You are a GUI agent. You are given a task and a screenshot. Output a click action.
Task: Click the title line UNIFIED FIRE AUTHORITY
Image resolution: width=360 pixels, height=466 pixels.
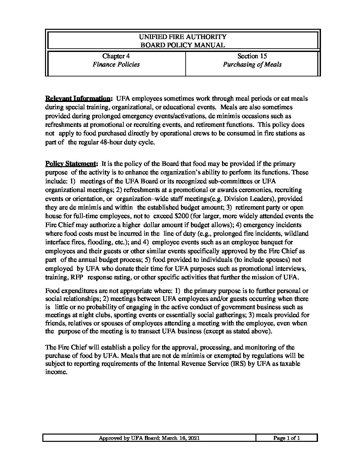pos(183,37)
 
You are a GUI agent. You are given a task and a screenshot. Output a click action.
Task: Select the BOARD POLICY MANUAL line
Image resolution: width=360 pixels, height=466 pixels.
pos(183,45)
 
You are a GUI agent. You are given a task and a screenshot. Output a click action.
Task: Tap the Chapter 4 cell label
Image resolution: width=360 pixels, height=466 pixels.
pos(113,56)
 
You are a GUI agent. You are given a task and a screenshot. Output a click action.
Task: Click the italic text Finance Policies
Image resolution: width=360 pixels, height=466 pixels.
pos(116,65)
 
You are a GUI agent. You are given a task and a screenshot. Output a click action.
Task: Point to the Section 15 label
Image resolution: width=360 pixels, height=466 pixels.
pos(252,56)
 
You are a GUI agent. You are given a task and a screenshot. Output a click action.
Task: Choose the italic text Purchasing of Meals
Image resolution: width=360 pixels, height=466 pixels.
pos(252,65)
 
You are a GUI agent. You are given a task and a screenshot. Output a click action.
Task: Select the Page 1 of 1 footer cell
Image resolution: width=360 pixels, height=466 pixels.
pos(287,438)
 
